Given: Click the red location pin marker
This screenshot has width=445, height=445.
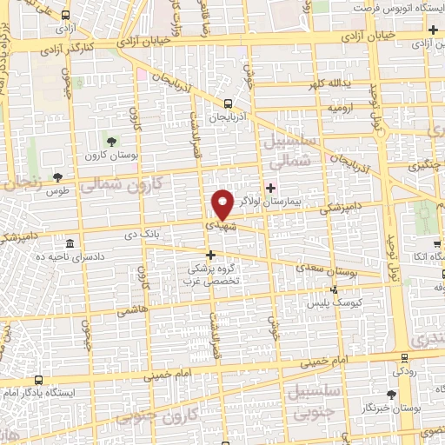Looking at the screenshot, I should (x=222, y=205).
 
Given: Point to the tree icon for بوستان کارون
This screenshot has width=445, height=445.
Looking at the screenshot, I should (x=112, y=141).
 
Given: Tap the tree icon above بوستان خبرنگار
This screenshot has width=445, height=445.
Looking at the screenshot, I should (x=391, y=393).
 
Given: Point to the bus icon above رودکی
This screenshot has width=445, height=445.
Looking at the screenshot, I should (x=404, y=356).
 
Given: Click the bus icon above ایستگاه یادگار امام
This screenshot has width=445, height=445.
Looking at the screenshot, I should (x=39, y=379).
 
